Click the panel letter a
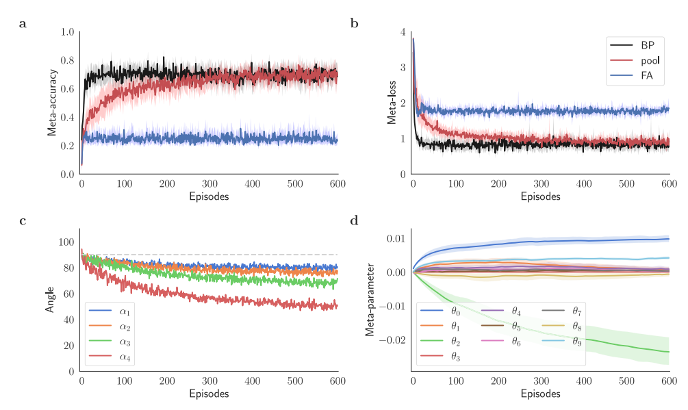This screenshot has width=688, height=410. (23, 24)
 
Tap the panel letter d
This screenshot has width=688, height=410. (354, 220)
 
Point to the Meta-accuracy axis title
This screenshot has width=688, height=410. (52, 102)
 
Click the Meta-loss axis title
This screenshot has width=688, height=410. (392, 102)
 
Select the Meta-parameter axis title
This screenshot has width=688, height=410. (370, 300)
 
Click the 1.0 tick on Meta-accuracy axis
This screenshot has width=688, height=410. (67, 32)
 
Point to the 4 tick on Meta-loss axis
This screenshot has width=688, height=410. (403, 32)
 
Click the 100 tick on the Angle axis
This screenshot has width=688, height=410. (66, 242)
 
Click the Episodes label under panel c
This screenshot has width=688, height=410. (209, 394)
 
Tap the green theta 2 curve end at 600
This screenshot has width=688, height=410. (669, 352)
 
